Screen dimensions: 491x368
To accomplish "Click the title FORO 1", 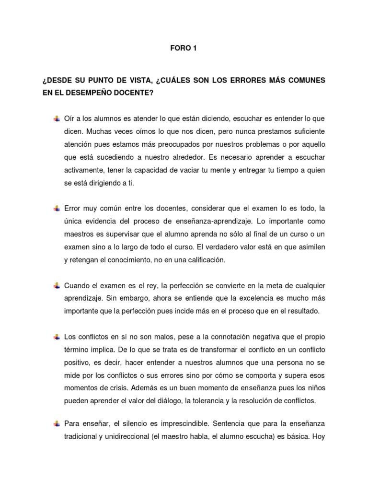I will [x=184, y=48].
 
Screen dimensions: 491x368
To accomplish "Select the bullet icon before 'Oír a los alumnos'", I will [x=56, y=118].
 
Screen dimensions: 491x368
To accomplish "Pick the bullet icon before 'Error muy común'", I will [x=56, y=208].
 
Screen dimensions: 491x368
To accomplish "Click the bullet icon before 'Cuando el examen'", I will [x=56, y=286].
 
